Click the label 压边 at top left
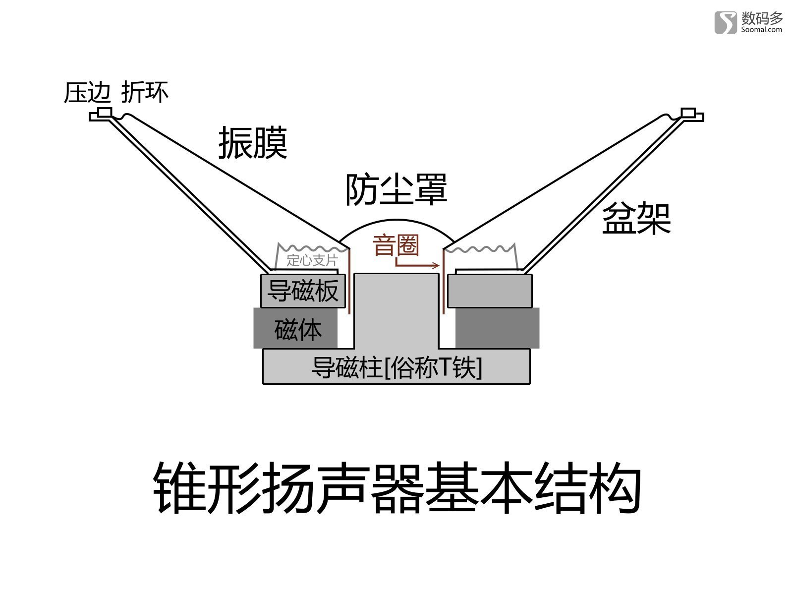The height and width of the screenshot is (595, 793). tap(87, 93)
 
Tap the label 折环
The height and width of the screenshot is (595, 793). tap(145, 92)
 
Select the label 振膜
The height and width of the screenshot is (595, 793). tap(253, 143)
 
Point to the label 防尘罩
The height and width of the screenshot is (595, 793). tap(396, 189)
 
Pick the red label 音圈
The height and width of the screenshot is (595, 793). tap(396, 245)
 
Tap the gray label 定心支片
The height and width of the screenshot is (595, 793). tap(312, 260)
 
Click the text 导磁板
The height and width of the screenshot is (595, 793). tap(303, 291)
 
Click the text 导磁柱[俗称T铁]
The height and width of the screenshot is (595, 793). tap(396, 367)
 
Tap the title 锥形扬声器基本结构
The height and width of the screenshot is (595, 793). tap(396, 488)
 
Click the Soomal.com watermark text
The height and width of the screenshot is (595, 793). tap(761, 30)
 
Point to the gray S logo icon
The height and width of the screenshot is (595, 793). tap(726, 22)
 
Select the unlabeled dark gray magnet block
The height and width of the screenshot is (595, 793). tap(498, 328)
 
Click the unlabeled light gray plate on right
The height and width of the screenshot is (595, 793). tap(490, 291)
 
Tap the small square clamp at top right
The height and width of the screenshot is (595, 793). tap(688, 113)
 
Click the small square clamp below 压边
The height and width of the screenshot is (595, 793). tap(105, 113)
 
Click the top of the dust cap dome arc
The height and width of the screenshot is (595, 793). tap(396, 220)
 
